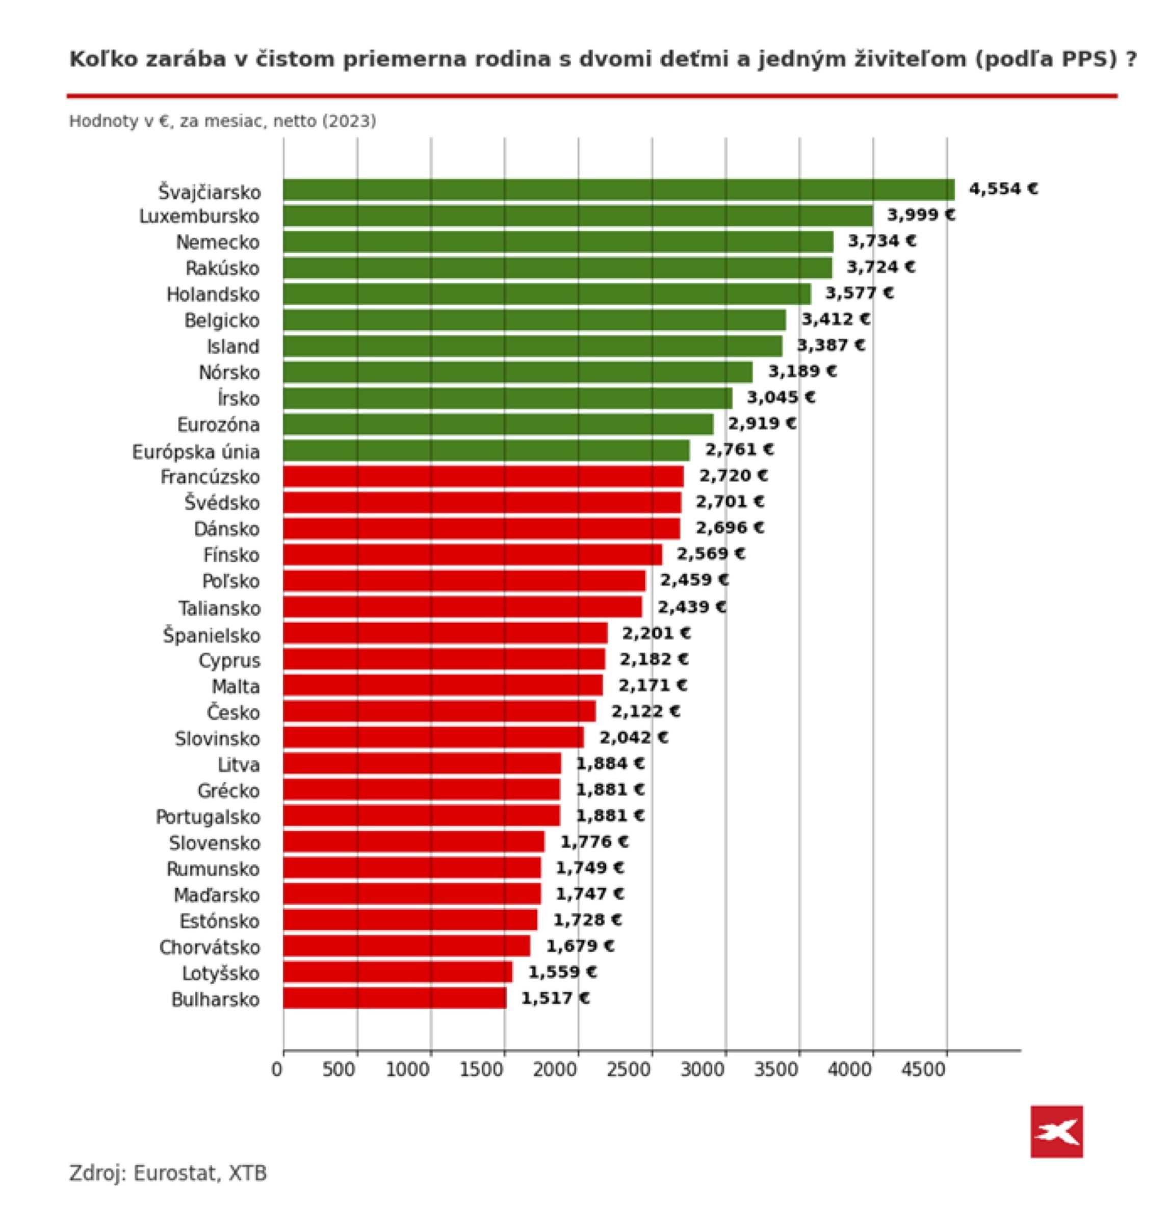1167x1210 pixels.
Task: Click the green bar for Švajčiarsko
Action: pyautogui.click(x=618, y=190)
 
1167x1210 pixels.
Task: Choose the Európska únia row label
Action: pyautogui.click(x=196, y=452)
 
